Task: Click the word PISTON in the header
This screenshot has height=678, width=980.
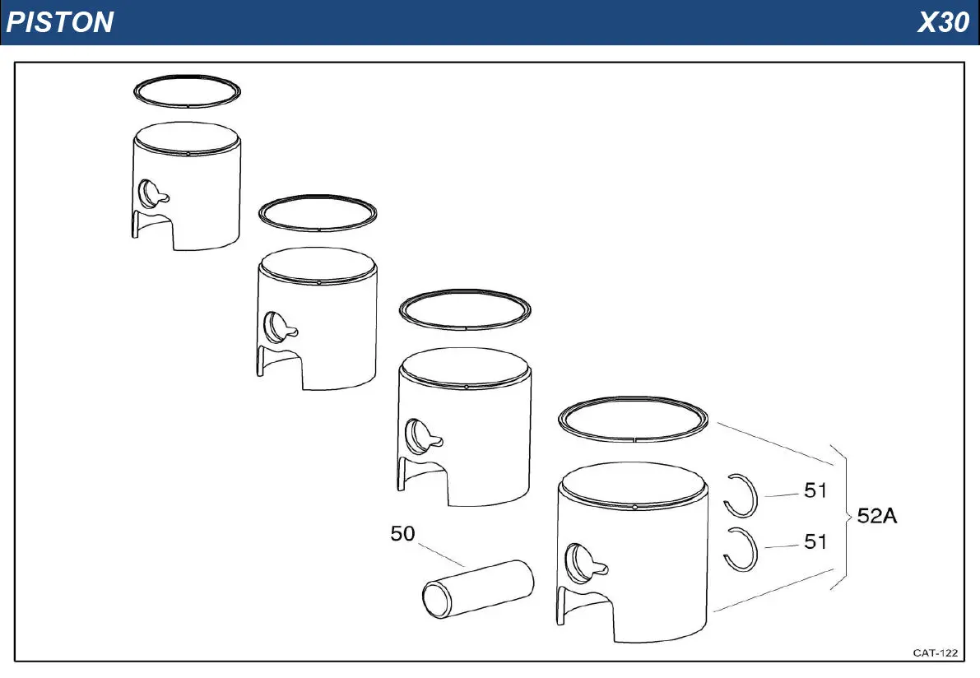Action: [x=60, y=22]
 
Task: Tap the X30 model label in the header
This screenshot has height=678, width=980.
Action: [x=943, y=22]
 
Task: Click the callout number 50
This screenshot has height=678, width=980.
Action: [x=402, y=533]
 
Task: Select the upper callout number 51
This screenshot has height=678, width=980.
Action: [x=815, y=490]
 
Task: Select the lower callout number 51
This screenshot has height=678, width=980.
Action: [x=815, y=541]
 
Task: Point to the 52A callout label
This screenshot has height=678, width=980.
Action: [x=877, y=516]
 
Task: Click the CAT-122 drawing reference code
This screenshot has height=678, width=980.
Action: [x=935, y=653]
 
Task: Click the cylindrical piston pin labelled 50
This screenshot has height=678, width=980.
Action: [x=478, y=589]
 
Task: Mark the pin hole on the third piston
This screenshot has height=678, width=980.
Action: [x=417, y=436]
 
